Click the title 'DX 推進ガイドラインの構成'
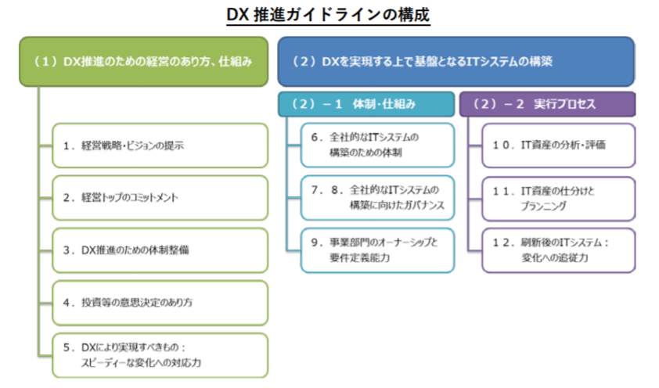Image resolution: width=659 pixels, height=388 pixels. click(328, 15)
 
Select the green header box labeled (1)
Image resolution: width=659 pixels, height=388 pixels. click(144, 62)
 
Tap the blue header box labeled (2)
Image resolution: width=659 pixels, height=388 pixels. click(456, 62)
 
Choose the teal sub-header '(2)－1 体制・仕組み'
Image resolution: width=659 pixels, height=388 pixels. click(366, 104)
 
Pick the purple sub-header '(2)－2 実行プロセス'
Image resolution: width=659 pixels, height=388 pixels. click(547, 104)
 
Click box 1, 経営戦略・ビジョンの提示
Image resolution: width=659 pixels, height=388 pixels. click(160, 145)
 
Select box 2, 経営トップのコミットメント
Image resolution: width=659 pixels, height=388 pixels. click(160, 198)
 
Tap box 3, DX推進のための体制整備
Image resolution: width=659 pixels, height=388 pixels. click(160, 250)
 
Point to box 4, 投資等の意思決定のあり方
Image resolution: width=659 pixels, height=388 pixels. click(160, 303)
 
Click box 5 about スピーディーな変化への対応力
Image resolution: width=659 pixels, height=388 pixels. click(160, 355)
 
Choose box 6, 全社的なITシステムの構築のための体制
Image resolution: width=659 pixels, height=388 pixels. click(377, 145)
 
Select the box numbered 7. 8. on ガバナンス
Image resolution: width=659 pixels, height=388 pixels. click(377, 198)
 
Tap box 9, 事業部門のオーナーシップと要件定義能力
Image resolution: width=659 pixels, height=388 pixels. click(377, 250)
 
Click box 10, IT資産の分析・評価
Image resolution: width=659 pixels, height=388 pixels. click(559, 145)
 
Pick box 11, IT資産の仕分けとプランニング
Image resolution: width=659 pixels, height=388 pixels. click(559, 199)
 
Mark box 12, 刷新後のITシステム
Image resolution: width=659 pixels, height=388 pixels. click(559, 250)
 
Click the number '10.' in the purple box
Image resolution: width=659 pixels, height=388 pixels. click(503, 145)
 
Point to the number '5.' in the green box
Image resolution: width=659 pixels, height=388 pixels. click(69, 347)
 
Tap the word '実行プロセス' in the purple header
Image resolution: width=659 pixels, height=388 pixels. click(565, 104)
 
